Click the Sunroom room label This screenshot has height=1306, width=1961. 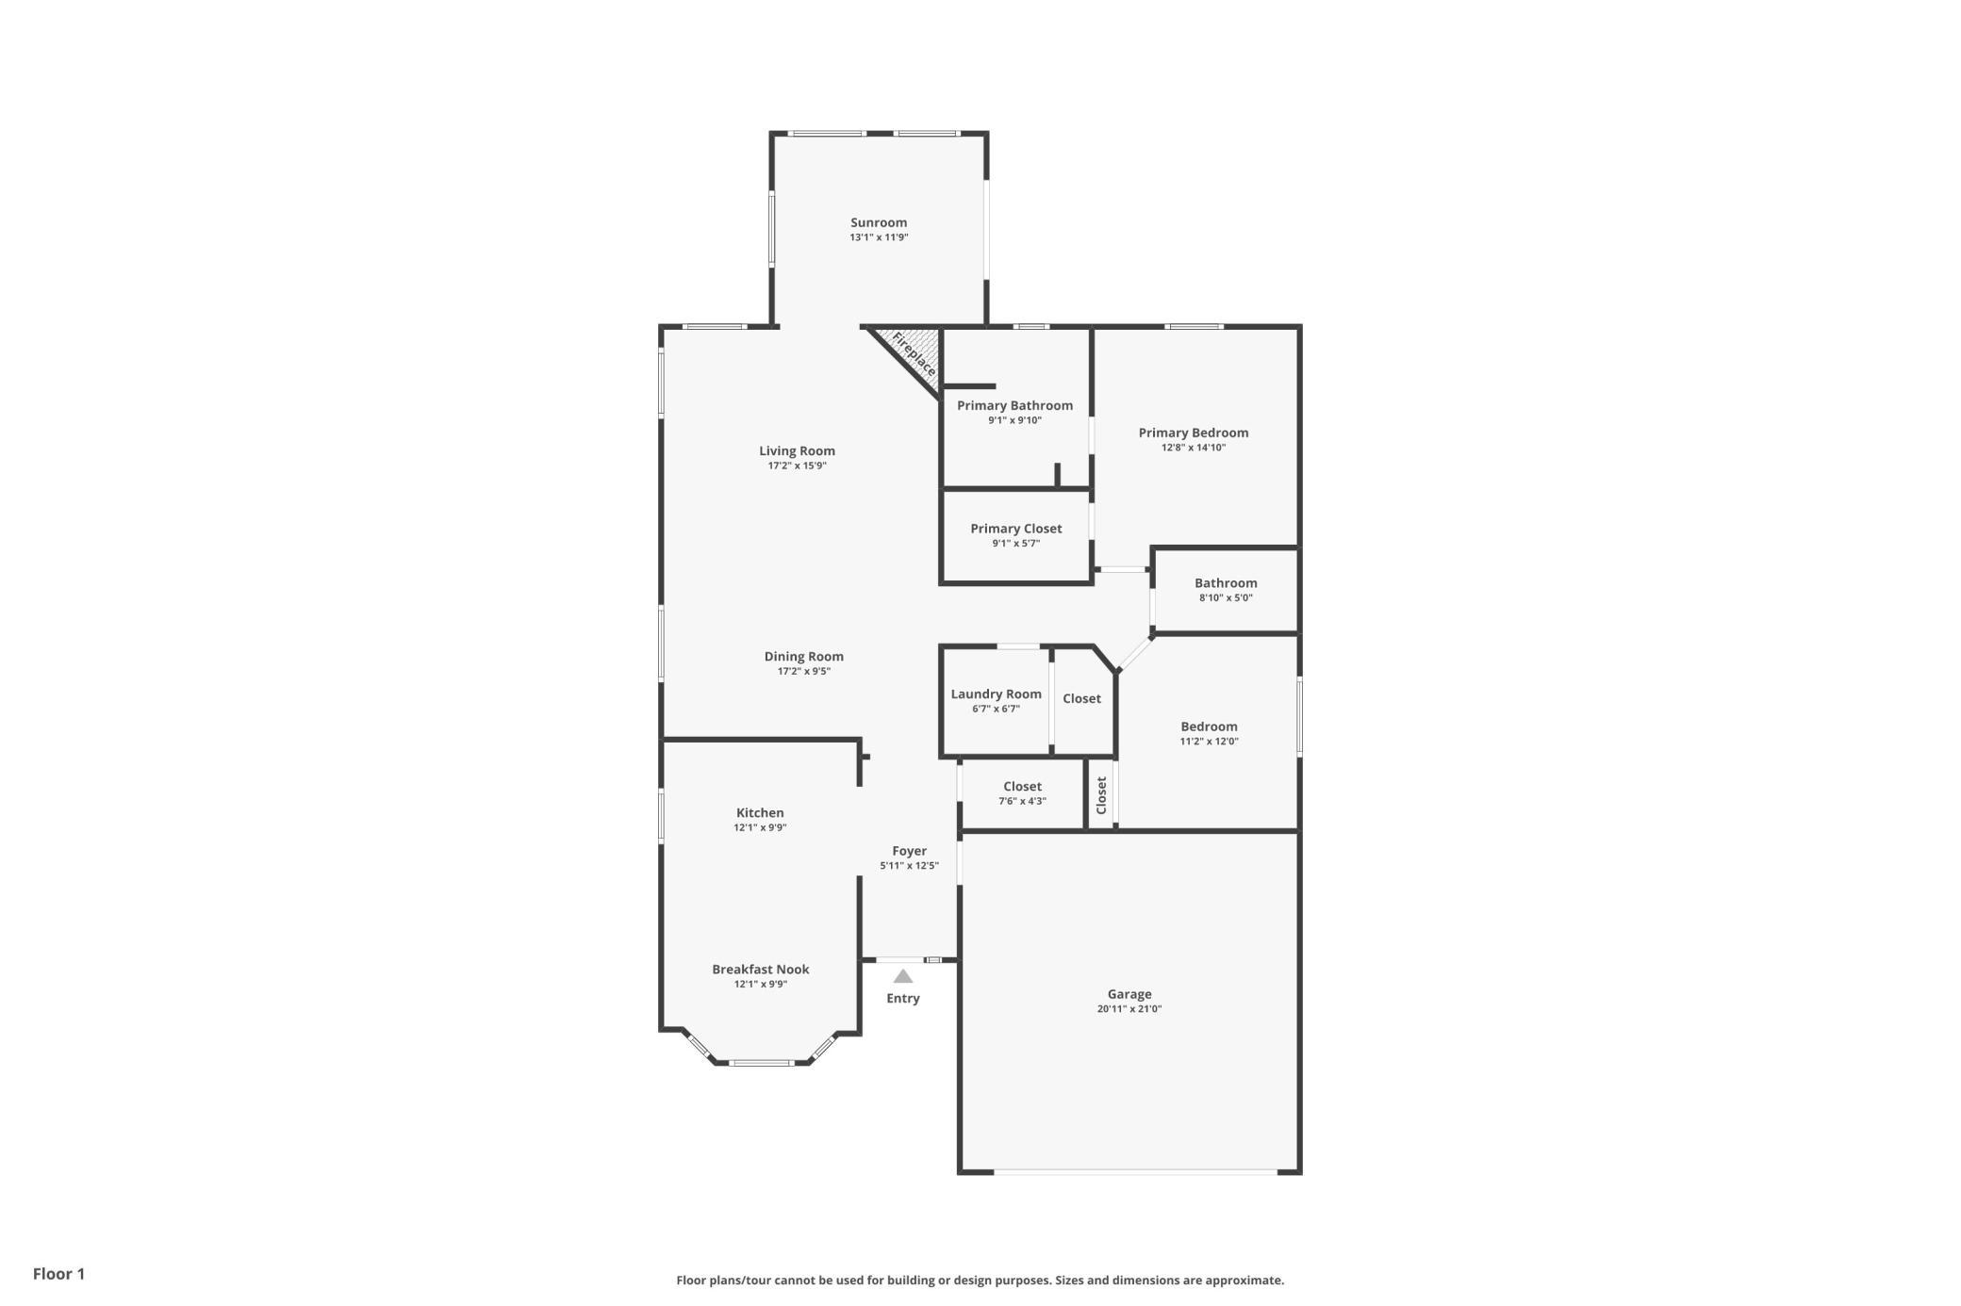879,223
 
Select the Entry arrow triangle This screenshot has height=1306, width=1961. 903,976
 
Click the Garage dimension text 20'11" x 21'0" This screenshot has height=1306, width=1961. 1129,1009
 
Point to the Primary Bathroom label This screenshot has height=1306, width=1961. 1015,405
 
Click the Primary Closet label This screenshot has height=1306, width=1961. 1016,529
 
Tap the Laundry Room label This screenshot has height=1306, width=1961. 997,694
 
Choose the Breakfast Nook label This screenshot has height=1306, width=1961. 761,970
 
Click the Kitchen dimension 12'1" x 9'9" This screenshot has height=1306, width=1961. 761,828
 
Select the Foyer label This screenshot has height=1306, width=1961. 910,851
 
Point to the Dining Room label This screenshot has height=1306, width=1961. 804,657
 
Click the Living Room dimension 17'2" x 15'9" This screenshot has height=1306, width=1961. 798,465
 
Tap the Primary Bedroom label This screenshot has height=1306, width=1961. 1194,433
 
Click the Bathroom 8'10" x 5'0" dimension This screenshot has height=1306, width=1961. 1227,597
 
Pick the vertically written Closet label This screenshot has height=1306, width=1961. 1101,795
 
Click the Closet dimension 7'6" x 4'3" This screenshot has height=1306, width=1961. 1023,802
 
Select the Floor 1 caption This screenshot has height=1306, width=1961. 58,1274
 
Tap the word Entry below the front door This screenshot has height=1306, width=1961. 903,999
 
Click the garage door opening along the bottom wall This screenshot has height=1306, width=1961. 1135,1172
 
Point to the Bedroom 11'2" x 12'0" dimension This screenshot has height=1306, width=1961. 1210,742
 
